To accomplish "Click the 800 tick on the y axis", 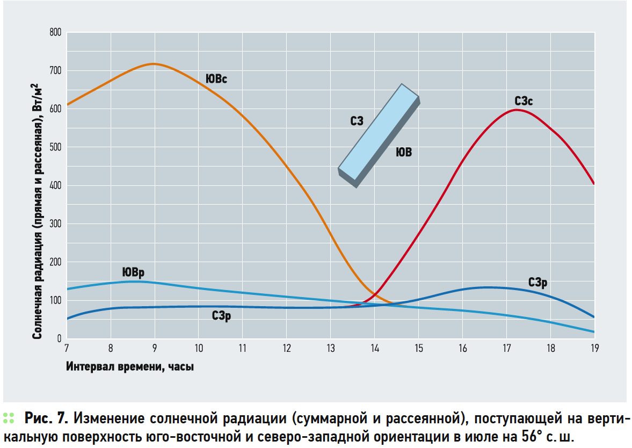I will [56, 33].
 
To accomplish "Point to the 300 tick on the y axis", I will [56, 224].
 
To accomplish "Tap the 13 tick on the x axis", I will [330, 348].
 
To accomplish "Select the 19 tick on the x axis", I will [594, 348].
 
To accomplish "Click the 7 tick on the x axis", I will [67, 348].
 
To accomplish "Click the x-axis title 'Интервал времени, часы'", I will [130, 367].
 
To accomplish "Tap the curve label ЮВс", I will [216, 80].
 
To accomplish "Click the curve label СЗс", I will [524, 100].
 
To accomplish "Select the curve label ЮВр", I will [133, 272].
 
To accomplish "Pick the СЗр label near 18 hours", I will [537, 283].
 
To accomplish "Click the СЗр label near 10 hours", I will [221, 317].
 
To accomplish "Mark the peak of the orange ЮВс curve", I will [154, 64].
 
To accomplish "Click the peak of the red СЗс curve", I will [516, 110].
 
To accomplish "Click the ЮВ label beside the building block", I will [404, 153].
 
